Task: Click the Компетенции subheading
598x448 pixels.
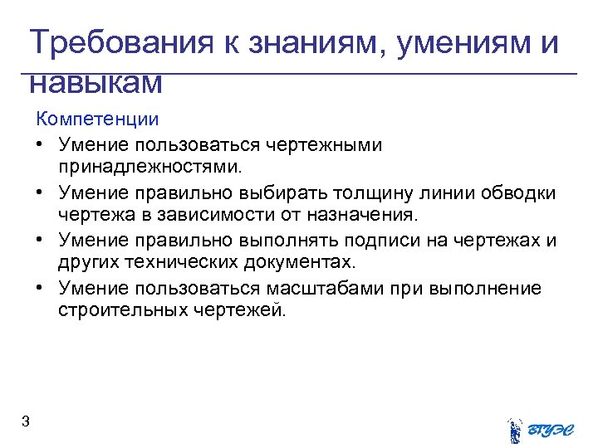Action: [x=97, y=119]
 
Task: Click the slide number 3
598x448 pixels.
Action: [x=26, y=422]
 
